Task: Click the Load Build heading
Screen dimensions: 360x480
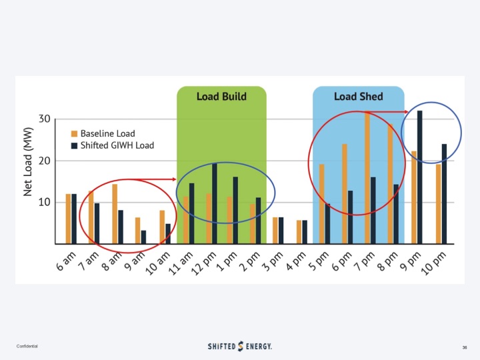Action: (221, 97)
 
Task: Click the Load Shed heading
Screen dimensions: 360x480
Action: (359, 97)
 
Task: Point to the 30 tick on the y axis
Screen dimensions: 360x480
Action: (44, 119)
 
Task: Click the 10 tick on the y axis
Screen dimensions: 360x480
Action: (44, 203)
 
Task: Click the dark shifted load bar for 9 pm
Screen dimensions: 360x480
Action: (420, 177)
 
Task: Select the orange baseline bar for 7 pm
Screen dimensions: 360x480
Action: (367, 178)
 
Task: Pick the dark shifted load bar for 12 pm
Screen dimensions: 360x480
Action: (215, 203)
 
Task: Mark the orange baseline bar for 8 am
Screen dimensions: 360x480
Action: (115, 213)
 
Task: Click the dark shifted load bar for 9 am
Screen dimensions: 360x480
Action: (143, 237)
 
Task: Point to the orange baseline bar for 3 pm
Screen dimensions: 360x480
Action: (275, 230)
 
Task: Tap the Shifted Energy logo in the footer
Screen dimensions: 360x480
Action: (240, 346)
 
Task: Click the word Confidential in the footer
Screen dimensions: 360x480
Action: (27, 347)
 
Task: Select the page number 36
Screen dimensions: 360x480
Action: (465, 347)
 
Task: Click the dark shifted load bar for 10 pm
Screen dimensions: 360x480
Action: (444, 193)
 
